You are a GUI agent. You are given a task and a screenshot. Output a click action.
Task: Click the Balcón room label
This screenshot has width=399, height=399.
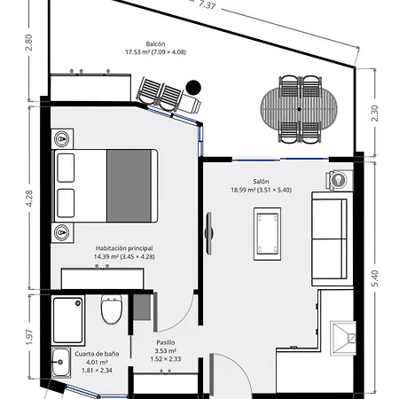(x=155, y=44)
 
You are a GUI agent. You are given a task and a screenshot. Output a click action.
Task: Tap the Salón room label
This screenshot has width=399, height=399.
(x=261, y=182)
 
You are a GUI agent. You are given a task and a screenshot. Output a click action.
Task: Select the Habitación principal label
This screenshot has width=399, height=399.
(x=124, y=248)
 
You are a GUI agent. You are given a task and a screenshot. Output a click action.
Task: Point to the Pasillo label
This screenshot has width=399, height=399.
(x=166, y=342)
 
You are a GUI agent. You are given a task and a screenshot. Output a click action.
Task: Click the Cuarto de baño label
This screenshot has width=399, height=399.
(x=97, y=354)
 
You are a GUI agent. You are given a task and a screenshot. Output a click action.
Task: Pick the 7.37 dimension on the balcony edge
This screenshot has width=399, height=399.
(x=207, y=5)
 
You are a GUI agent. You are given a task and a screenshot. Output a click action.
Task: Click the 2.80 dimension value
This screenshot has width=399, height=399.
(x=29, y=43)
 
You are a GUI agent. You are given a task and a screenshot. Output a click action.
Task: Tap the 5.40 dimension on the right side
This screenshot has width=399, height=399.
(x=374, y=278)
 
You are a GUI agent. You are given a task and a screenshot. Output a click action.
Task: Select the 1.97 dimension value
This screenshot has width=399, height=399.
(x=29, y=337)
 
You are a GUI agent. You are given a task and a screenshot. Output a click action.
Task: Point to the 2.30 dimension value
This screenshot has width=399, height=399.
(x=374, y=113)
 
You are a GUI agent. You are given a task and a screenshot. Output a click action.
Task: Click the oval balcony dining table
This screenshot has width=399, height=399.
(x=299, y=109)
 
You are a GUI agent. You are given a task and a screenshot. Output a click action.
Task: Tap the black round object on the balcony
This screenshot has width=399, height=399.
(x=193, y=88)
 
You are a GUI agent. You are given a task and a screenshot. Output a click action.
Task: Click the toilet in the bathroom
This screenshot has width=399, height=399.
(x=112, y=309)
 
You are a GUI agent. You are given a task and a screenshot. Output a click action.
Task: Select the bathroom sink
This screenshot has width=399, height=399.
(x=61, y=362)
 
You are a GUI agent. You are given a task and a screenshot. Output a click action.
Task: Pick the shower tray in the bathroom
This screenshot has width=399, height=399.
(x=68, y=320)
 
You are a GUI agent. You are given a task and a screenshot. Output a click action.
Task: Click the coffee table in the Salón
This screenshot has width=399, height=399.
(x=267, y=234)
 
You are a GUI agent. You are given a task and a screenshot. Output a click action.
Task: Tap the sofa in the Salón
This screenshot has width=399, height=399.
(x=332, y=239)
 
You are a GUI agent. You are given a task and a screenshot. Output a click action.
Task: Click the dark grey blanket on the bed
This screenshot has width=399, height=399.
(x=129, y=185)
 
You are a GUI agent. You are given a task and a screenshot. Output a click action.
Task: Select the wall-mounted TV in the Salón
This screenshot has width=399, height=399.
(x=209, y=233)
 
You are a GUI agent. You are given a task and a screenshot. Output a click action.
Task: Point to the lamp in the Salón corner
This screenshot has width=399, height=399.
(x=339, y=179)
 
